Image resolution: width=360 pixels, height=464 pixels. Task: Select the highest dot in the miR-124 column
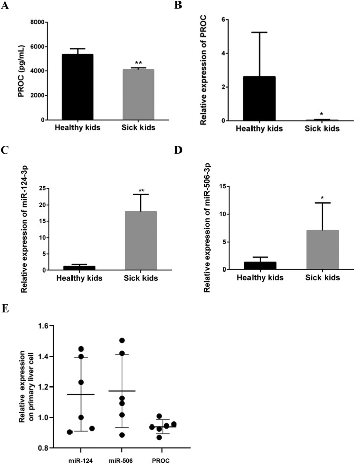pyautogui.click(x=81, y=349)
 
